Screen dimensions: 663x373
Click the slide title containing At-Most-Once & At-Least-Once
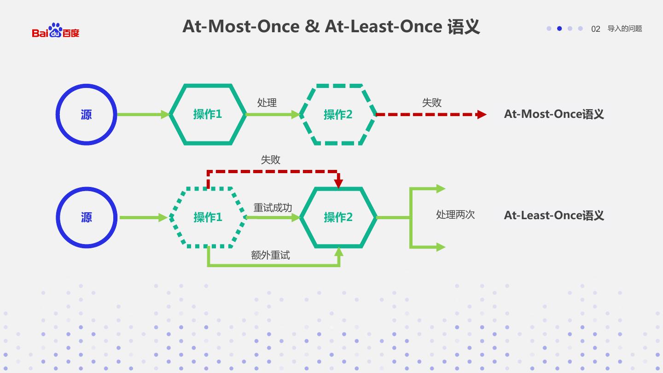point(331,27)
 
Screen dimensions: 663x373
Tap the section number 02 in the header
point(595,29)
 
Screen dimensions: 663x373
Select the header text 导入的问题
point(625,29)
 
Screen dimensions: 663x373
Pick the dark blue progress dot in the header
point(559,29)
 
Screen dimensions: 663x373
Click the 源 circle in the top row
point(87,115)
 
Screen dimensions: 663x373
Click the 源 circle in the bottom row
point(87,217)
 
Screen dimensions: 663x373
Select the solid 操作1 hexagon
point(208,115)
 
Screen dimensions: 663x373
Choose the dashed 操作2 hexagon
point(338,115)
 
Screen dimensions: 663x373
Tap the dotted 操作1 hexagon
point(208,217)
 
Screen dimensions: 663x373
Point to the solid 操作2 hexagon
point(338,217)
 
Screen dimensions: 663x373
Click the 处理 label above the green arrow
point(267,103)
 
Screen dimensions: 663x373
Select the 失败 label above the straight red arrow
point(432,103)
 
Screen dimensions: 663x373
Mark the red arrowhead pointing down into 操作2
point(338,182)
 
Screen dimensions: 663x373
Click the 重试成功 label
point(273,208)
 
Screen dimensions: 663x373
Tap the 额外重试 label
point(270,255)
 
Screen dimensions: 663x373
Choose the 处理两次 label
point(455,215)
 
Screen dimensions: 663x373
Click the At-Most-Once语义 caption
point(554,114)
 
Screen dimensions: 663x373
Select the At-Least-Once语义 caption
point(554,216)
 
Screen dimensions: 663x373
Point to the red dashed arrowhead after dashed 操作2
point(482,115)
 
